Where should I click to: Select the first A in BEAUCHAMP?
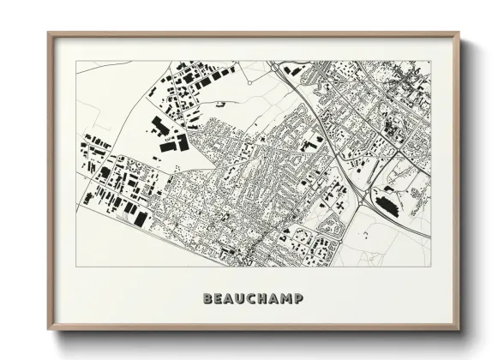click(x=230, y=299)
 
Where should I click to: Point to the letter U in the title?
click(x=242, y=299)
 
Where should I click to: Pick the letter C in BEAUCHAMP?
click(x=253, y=299)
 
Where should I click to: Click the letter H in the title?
click(x=264, y=299)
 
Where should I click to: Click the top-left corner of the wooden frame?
click(x=48, y=33)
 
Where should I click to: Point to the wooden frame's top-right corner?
click(x=459, y=33)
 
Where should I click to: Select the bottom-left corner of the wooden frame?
click(x=48, y=332)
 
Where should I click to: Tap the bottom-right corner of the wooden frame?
click(x=459, y=332)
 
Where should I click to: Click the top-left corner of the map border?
click(x=77, y=61)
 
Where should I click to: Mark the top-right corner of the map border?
click(x=430, y=61)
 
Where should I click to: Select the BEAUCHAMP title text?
click(x=253, y=299)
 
